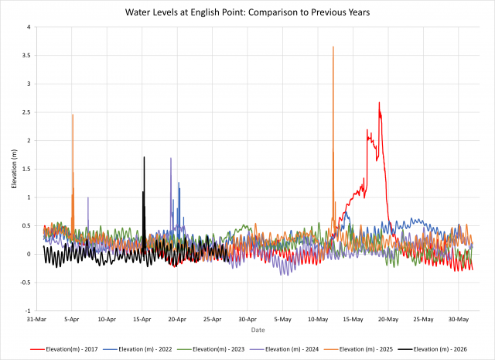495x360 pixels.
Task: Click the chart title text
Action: click(x=247, y=14)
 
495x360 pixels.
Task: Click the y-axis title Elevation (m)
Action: click(x=14, y=169)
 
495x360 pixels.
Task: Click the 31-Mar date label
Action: click(x=36, y=319)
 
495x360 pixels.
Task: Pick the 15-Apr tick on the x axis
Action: click(x=142, y=319)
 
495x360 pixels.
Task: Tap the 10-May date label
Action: click(x=318, y=319)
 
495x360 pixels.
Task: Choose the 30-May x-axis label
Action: click(x=459, y=319)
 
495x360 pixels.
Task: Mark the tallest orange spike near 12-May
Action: click(x=333, y=47)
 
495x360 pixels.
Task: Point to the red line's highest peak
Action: click(x=379, y=102)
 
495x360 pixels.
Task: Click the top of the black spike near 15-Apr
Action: click(x=144, y=157)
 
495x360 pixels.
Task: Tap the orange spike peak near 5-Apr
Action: click(x=73, y=115)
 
